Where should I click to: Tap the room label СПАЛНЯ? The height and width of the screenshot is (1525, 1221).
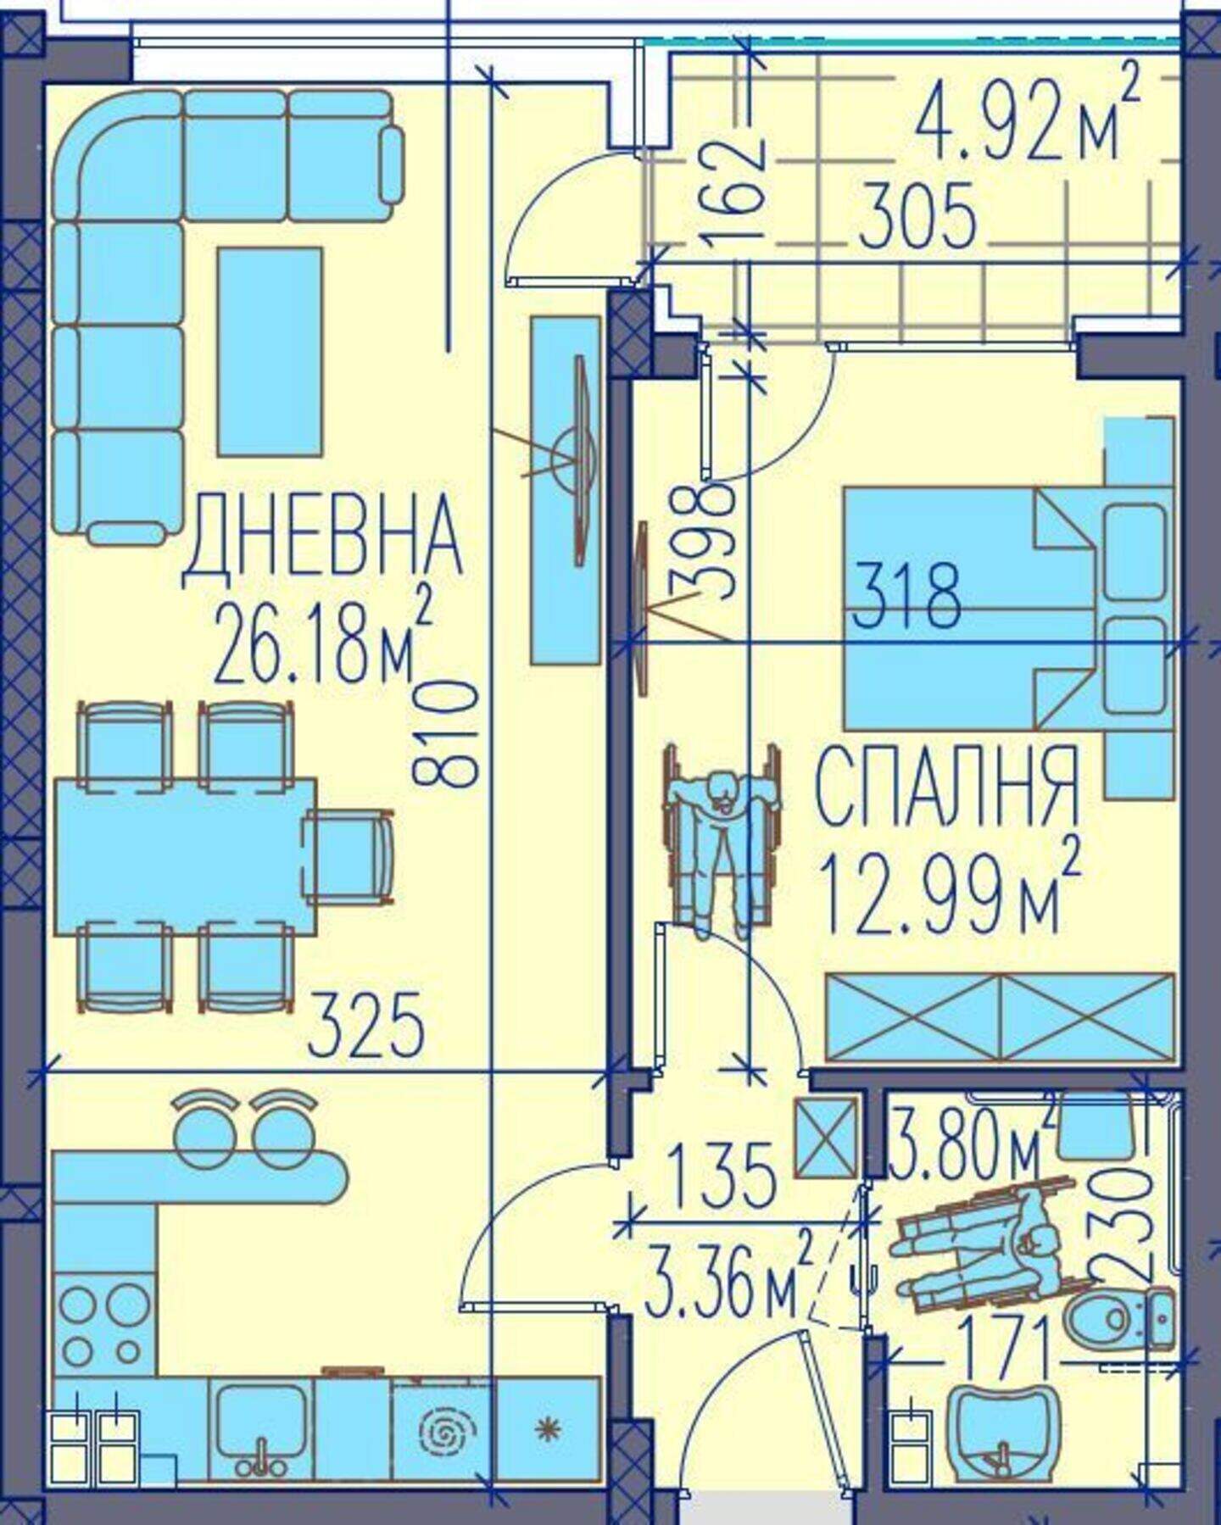click(947, 788)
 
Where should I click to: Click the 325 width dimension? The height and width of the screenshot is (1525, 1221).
click(366, 1025)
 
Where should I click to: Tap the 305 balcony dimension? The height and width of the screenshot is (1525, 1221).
click(917, 217)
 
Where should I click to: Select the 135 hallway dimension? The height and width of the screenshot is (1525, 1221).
click(722, 1176)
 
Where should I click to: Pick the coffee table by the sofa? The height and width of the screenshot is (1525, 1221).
click(270, 352)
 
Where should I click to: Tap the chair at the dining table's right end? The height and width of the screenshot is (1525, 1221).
click(349, 856)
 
